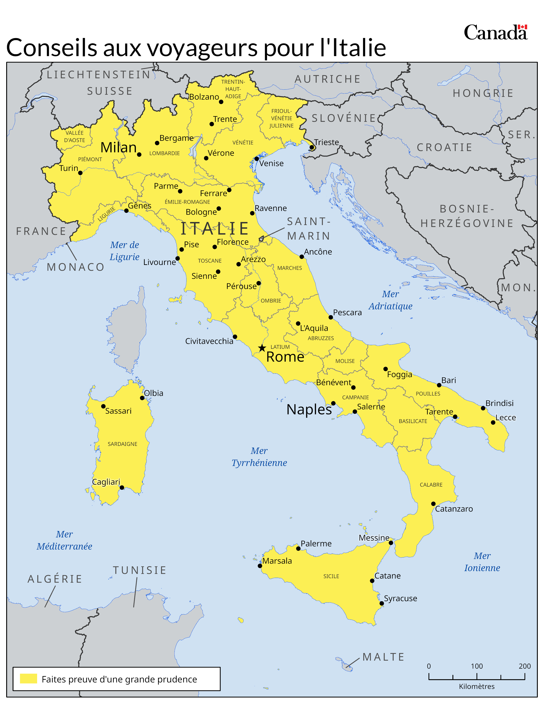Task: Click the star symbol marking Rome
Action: click(262, 348)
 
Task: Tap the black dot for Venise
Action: click(256, 159)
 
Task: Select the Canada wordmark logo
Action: click(495, 33)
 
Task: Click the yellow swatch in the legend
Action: click(28, 679)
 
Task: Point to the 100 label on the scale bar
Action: click(477, 666)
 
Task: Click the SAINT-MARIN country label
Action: click(309, 228)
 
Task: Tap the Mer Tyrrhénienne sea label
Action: click(259, 457)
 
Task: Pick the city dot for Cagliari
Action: click(122, 487)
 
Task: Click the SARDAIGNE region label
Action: click(122, 444)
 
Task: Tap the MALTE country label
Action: click(383, 657)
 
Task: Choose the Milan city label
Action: click(118, 147)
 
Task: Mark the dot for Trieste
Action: click(312, 147)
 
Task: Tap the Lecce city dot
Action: click(493, 422)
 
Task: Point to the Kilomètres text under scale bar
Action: click(477, 687)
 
